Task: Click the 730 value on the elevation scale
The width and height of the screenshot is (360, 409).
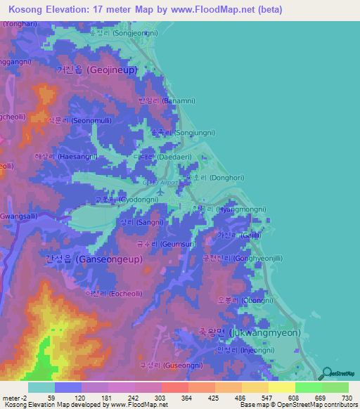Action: pos(346,398)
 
